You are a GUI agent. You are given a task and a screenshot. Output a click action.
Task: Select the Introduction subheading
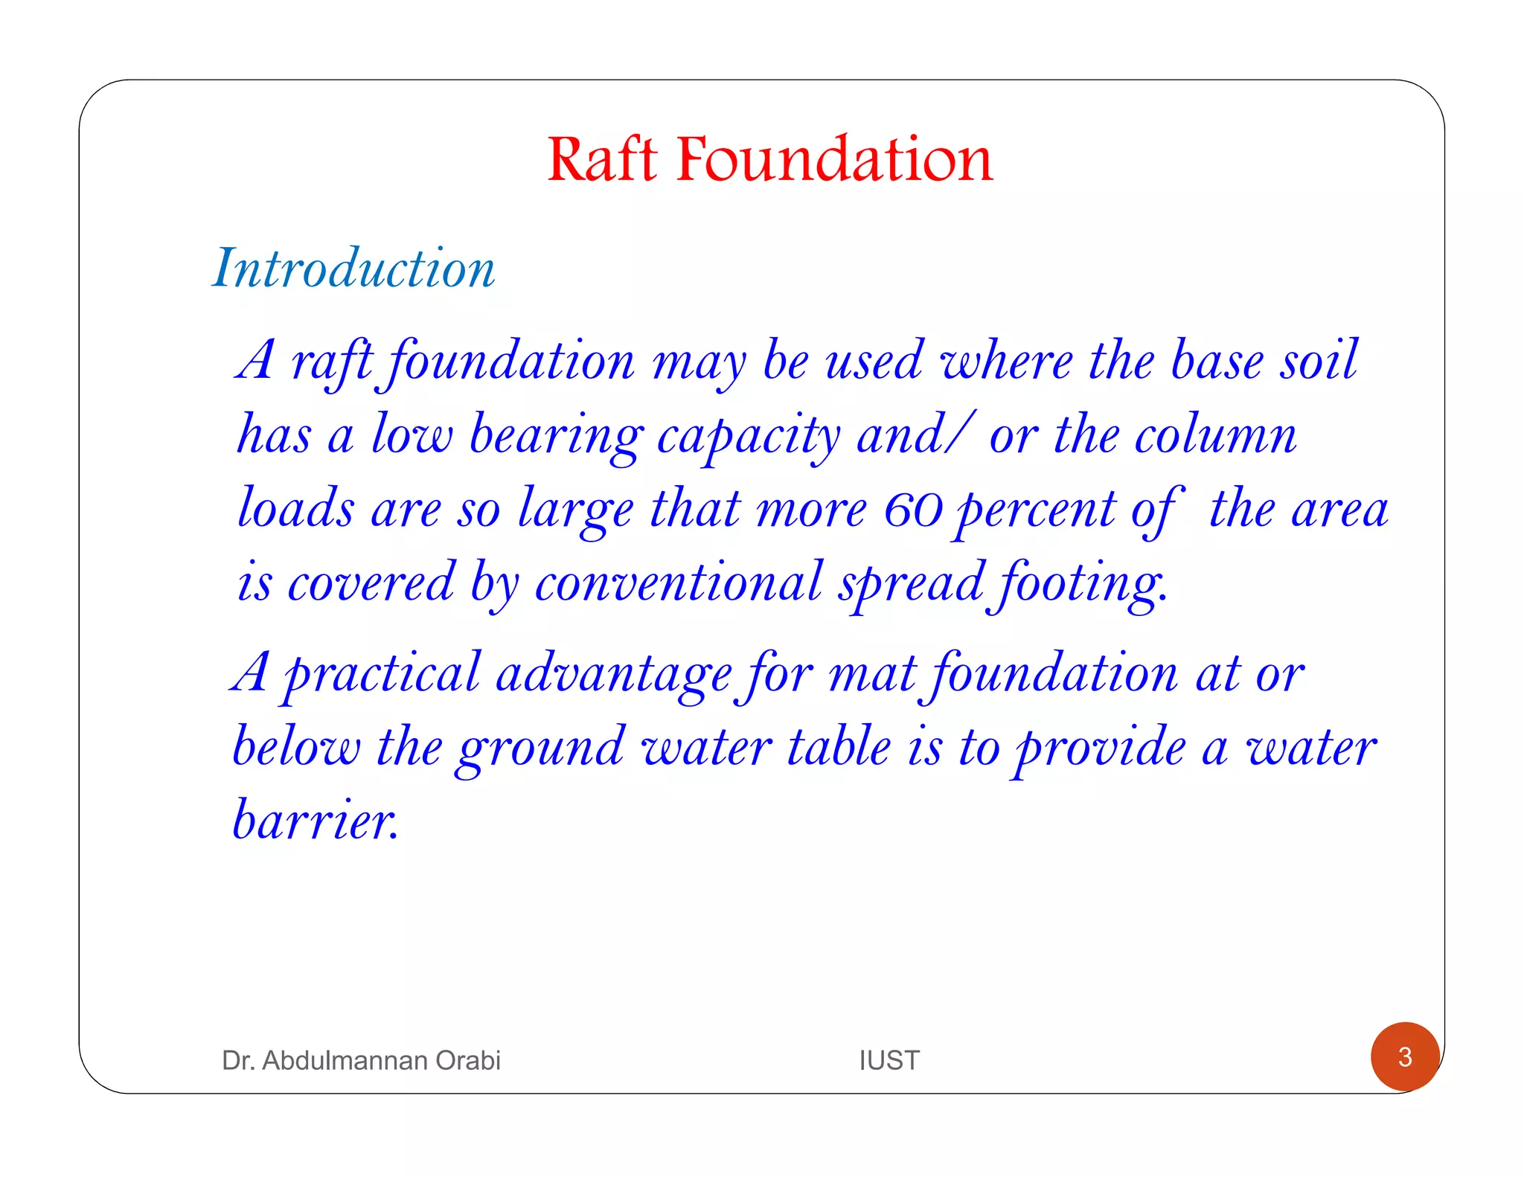[x=354, y=268]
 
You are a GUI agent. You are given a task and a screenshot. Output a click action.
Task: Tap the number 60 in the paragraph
[x=913, y=510]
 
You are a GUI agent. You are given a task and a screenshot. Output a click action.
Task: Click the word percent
[x=1036, y=510]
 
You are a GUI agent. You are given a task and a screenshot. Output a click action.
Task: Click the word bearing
[x=556, y=437]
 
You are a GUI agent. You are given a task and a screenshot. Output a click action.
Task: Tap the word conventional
[x=678, y=583]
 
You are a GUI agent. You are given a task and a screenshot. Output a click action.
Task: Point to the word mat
[x=871, y=674]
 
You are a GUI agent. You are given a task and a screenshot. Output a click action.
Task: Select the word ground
[x=541, y=748]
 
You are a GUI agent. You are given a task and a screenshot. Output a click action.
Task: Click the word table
[x=839, y=747]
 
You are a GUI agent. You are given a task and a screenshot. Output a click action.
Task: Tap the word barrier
[x=316, y=820]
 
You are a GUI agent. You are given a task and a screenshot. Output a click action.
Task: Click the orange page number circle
[x=1404, y=1056]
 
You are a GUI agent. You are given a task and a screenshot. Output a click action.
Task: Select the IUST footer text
[x=889, y=1060]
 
